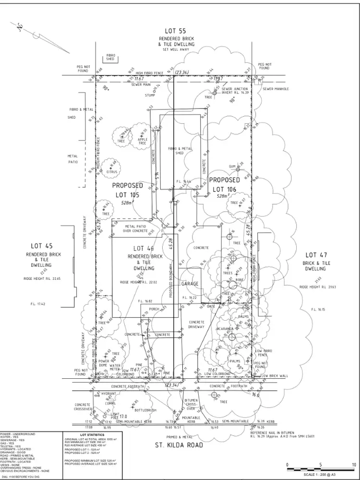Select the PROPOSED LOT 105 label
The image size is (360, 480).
tap(127, 191)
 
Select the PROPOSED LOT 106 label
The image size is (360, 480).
tap(224, 184)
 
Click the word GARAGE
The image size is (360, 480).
tap(190, 284)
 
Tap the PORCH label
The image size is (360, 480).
tap(155, 309)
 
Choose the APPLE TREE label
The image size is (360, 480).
tap(143, 141)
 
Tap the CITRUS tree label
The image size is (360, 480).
tap(112, 171)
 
